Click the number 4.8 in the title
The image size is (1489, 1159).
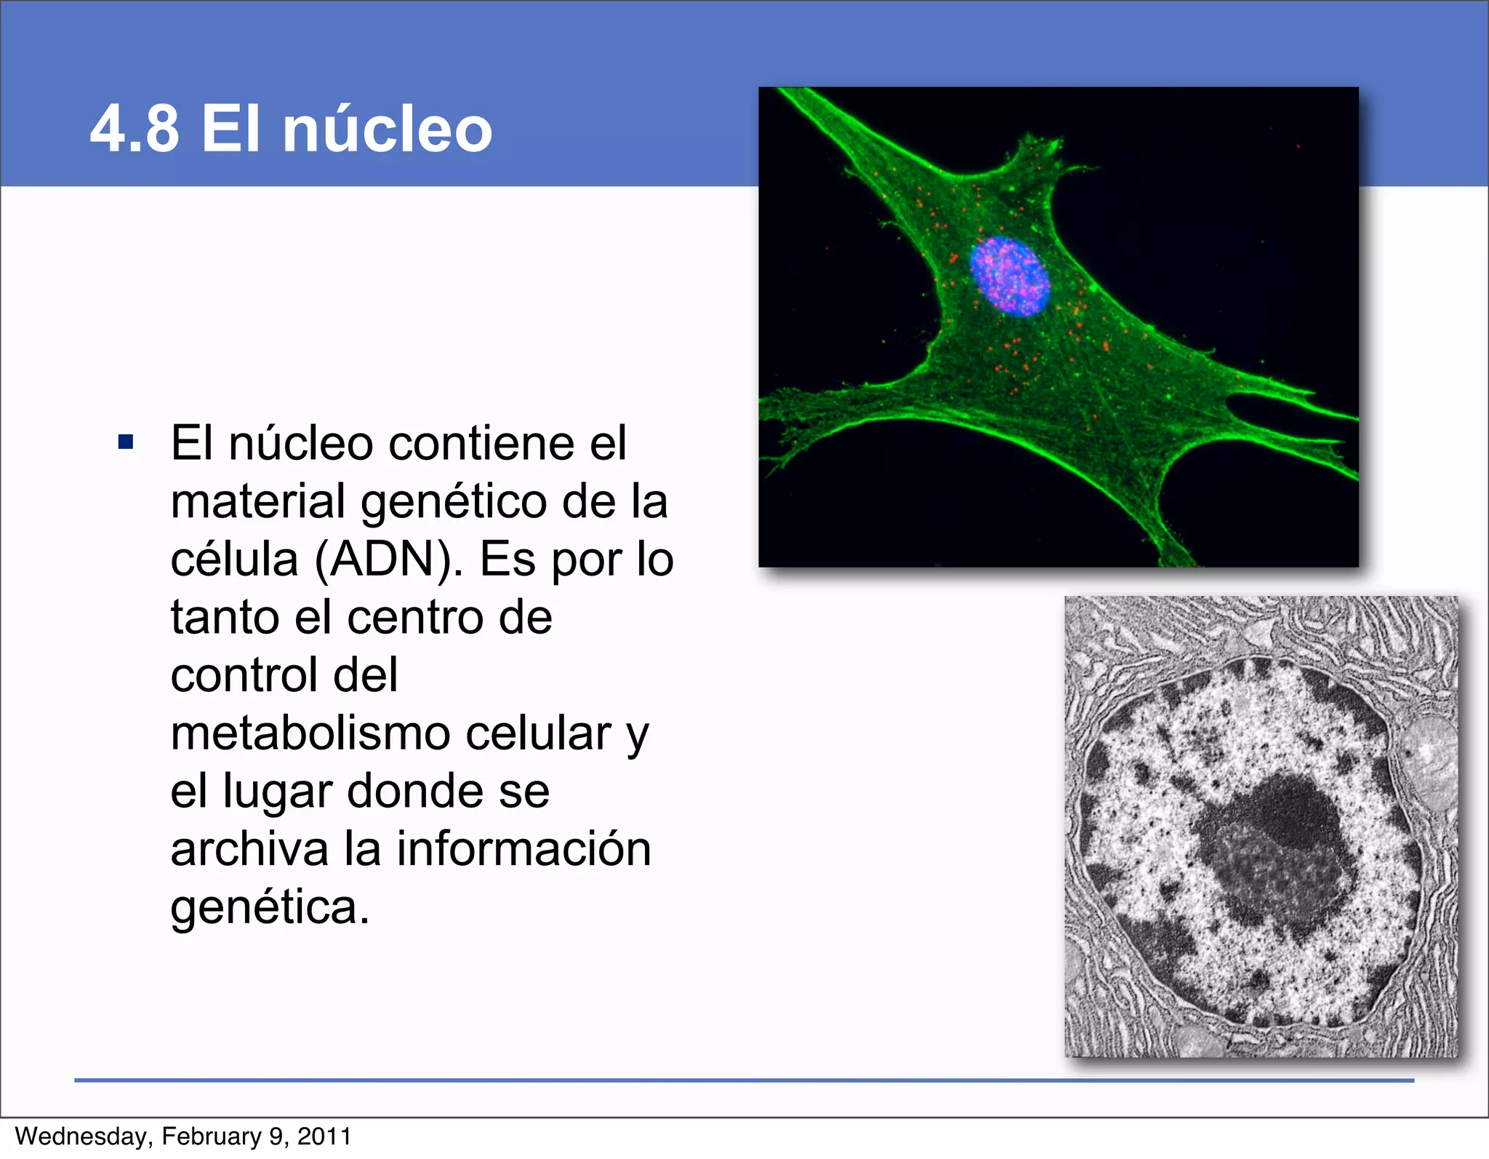(x=135, y=129)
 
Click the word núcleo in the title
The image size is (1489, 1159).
(x=387, y=129)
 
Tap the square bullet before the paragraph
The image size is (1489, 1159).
(x=126, y=442)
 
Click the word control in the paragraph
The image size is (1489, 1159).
(x=244, y=675)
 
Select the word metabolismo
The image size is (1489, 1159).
(x=311, y=733)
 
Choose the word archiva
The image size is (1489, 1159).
(x=249, y=849)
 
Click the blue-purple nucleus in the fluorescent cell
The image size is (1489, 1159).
(x=1010, y=277)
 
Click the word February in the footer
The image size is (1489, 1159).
(x=212, y=1136)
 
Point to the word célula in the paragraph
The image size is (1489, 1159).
(x=234, y=560)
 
